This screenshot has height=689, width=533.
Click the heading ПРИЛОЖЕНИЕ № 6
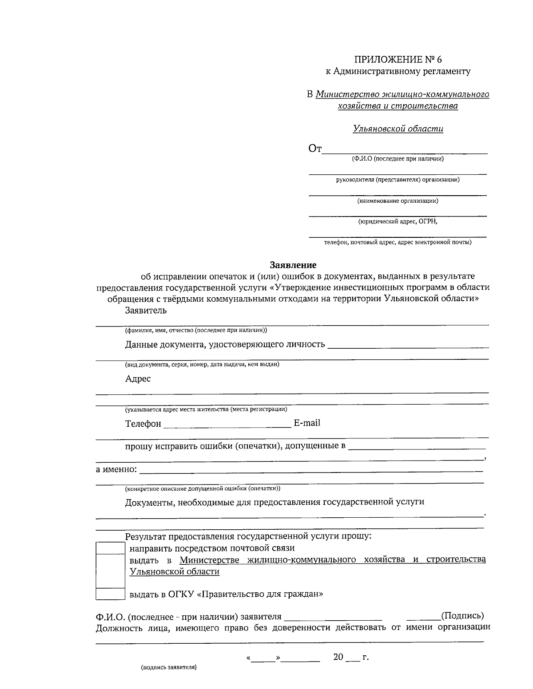pyautogui.click(x=398, y=59)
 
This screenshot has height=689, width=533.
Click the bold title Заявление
pyautogui.click(x=293, y=265)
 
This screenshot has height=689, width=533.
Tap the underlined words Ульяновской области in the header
pyautogui.click(x=398, y=129)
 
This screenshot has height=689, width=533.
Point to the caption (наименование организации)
pyautogui.click(x=398, y=201)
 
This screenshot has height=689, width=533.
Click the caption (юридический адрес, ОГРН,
pyautogui.click(x=398, y=222)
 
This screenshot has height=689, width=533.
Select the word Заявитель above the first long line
pyautogui.click(x=146, y=310)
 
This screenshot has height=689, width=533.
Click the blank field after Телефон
pyautogui.click(x=227, y=424)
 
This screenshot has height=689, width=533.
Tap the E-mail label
pyautogui.click(x=306, y=423)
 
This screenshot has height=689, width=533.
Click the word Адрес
pyautogui.click(x=138, y=378)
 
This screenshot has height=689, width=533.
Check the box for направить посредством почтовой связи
pyautogui.click(x=110, y=548)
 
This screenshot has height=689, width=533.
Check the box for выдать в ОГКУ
pyautogui.click(x=110, y=594)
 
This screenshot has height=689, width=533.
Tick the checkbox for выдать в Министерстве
pyautogui.click(x=110, y=571)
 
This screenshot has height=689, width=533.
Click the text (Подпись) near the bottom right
pyautogui.click(x=462, y=615)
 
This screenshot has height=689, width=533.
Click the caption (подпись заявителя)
pyautogui.click(x=168, y=667)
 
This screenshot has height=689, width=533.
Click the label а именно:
pyautogui.click(x=116, y=469)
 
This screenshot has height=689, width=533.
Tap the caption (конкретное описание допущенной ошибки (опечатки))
pyautogui.click(x=203, y=488)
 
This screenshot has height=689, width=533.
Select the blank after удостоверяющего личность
pyautogui.click(x=408, y=345)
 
